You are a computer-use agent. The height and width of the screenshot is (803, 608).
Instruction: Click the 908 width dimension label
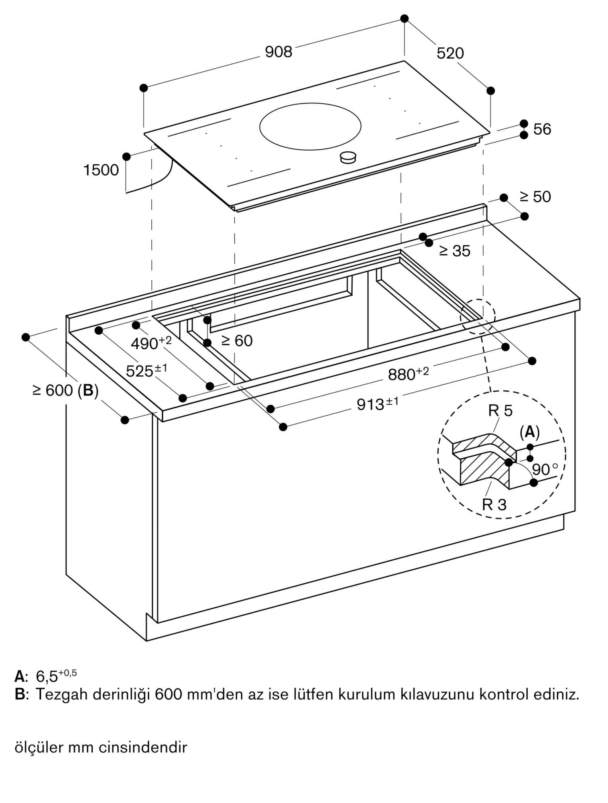click(x=279, y=52)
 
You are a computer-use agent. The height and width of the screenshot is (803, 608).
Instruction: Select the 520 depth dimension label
click(x=450, y=53)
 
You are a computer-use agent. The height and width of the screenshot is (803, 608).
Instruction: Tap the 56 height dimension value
click(x=542, y=129)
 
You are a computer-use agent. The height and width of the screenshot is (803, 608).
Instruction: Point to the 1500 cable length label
click(x=101, y=170)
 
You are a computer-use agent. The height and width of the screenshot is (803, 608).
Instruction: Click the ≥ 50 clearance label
click(x=535, y=197)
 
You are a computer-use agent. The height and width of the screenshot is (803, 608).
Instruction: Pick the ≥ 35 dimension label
click(x=455, y=251)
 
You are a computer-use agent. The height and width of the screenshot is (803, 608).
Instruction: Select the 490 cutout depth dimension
click(x=151, y=342)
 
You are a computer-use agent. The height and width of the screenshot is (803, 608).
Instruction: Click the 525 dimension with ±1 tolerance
click(x=146, y=370)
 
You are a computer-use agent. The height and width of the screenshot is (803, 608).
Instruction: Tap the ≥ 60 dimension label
click(x=237, y=341)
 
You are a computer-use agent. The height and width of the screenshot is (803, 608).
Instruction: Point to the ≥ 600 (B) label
click(x=66, y=390)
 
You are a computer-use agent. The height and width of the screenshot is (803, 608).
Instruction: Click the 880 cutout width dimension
click(x=408, y=373)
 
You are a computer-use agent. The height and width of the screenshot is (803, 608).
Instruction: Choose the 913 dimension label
click(x=378, y=404)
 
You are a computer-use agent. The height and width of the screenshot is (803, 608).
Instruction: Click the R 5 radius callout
click(x=500, y=411)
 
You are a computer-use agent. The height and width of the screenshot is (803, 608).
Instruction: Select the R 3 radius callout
click(x=494, y=505)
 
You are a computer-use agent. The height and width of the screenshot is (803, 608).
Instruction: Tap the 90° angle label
click(x=545, y=469)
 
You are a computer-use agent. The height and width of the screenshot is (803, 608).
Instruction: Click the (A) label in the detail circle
click(x=530, y=432)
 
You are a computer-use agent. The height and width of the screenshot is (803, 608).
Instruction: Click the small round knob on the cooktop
click(x=348, y=157)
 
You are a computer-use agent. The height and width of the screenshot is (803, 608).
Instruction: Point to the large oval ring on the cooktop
click(x=310, y=126)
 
